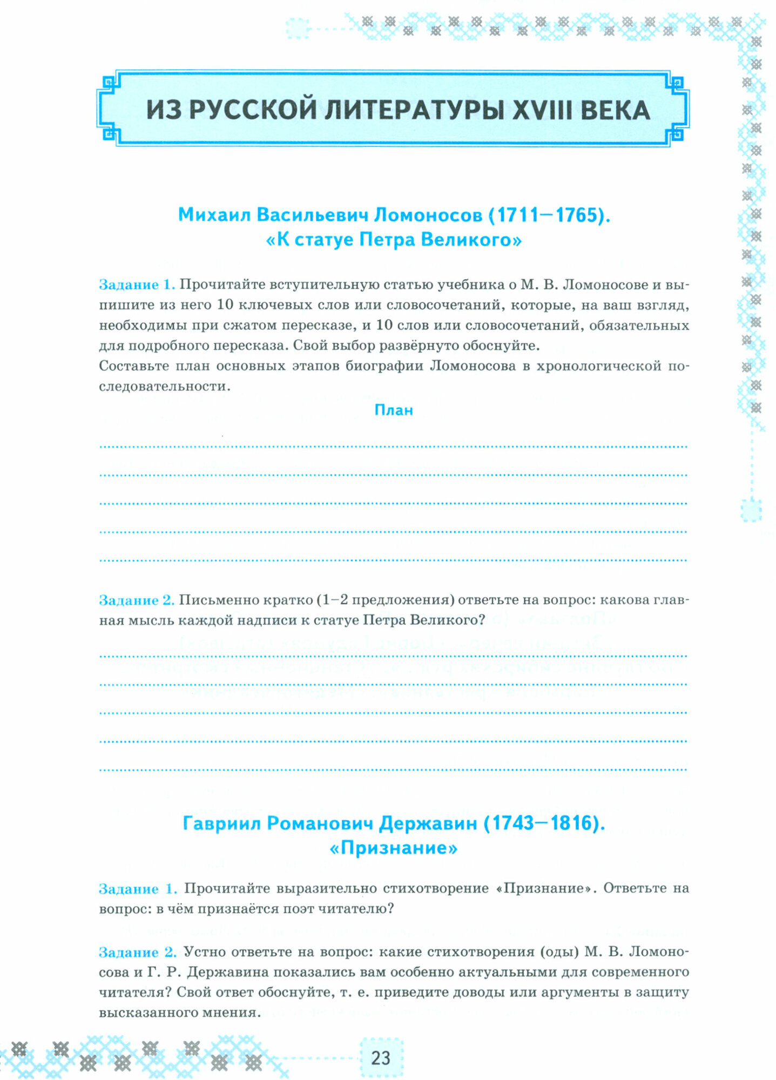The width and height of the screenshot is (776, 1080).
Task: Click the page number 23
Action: coord(380,1057)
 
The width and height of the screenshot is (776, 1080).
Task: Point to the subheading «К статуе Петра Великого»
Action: coord(394,239)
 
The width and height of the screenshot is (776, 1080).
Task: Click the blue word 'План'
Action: coord(394,410)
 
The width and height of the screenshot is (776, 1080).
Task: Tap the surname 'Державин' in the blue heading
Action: coord(428,823)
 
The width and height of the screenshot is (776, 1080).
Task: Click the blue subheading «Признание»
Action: coord(394,848)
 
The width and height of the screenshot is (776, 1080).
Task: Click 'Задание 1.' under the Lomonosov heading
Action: coord(137,285)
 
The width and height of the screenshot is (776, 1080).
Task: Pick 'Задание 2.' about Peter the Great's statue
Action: coord(137,600)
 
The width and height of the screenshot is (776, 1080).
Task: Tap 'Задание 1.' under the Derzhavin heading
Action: coord(138,889)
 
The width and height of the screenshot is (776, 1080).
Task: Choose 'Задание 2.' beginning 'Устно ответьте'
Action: coord(138,953)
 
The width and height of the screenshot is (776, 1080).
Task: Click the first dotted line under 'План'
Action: coord(394,447)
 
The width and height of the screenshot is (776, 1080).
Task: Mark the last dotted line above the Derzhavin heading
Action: coord(394,769)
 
